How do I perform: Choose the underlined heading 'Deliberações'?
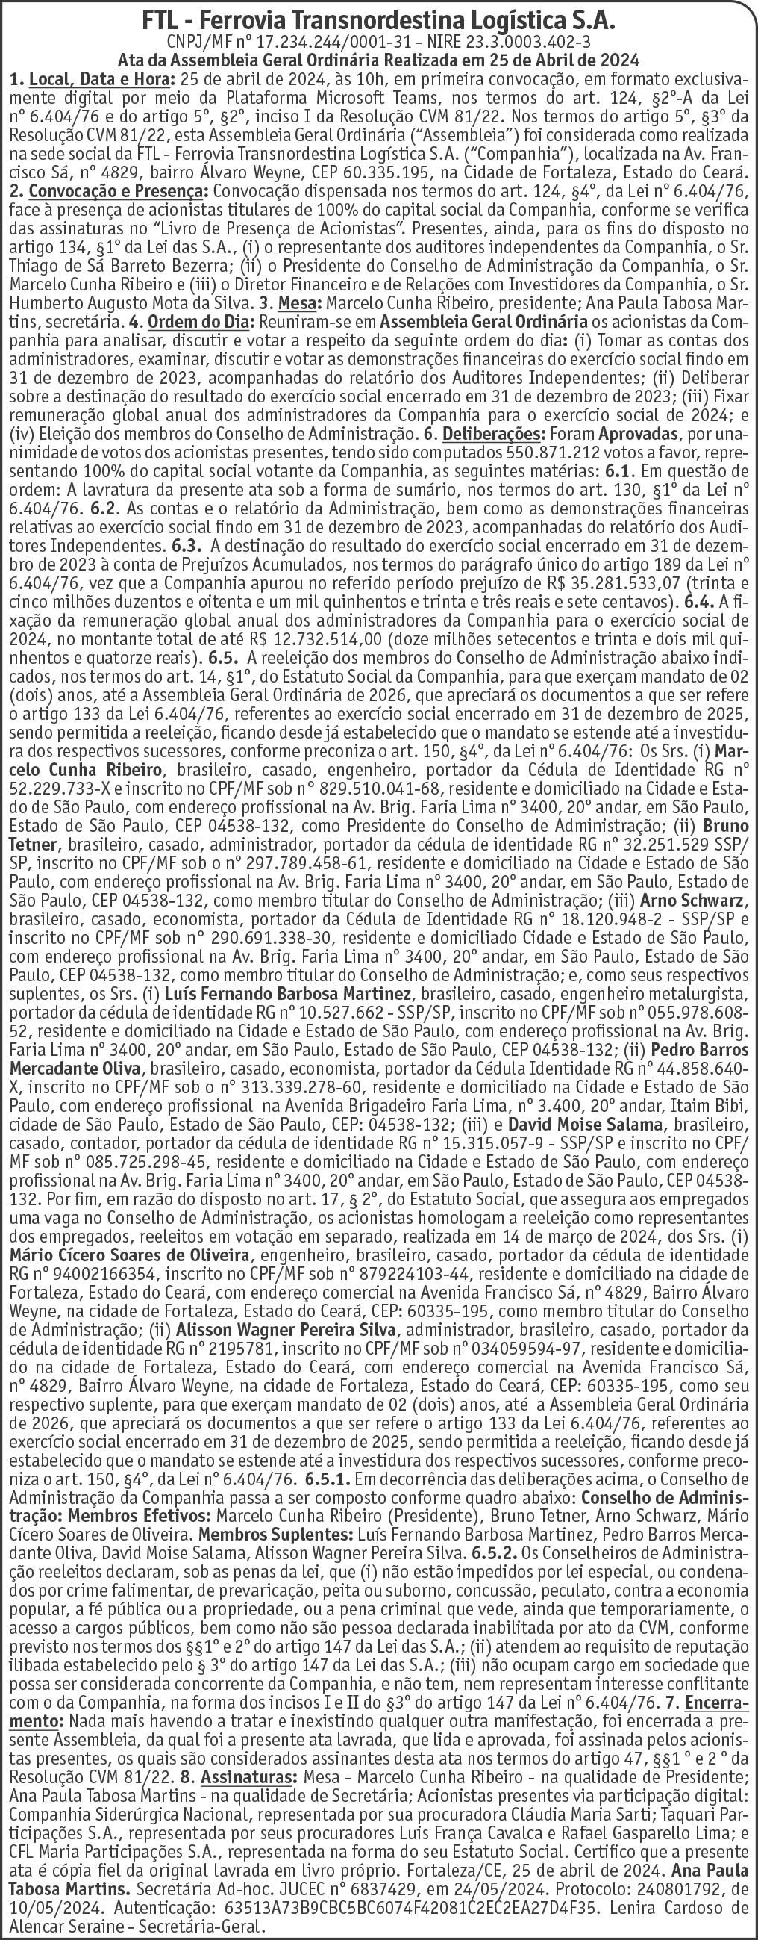(495, 435)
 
